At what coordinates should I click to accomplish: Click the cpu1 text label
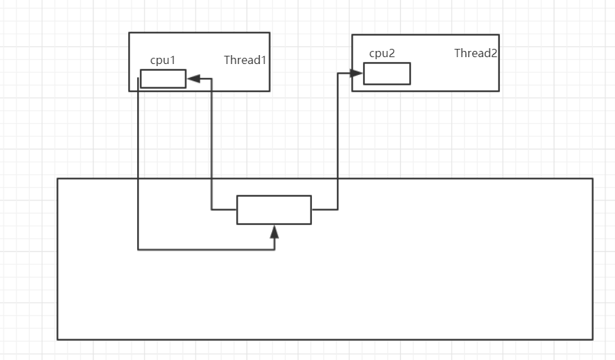163,61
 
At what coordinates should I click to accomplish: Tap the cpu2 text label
382,53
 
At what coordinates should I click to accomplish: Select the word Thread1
244,60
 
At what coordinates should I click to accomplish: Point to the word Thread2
475,53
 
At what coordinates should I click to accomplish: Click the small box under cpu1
163,78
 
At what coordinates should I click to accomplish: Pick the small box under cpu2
386,74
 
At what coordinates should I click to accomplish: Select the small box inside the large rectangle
273,209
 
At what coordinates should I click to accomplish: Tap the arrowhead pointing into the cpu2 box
357,73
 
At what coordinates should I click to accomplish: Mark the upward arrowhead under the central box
274,231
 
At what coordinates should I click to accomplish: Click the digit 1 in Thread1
263,60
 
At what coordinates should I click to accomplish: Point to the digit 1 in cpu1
173,61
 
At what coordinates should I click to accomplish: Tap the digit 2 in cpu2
392,53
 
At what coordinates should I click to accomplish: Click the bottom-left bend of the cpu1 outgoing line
138,249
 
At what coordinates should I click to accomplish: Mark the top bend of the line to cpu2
337,73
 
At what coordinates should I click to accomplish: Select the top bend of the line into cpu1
211,78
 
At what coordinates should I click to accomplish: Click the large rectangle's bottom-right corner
592,339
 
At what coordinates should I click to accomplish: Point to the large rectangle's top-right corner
592,179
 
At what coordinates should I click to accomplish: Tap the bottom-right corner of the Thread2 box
499,91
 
